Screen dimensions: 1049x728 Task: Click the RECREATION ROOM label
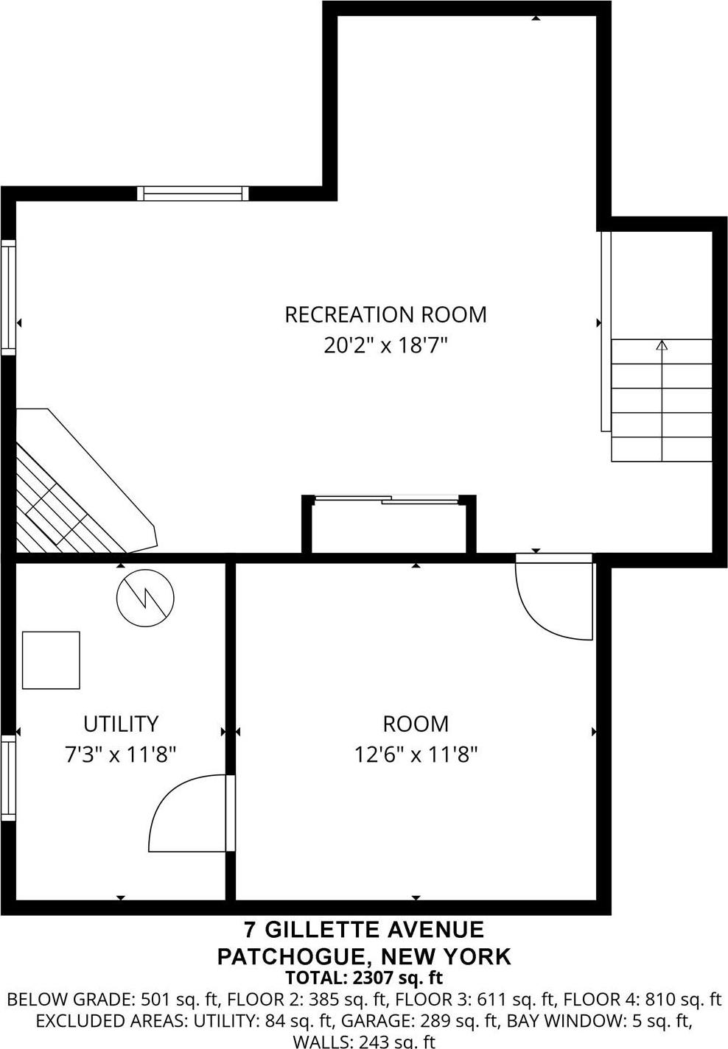pos(385,314)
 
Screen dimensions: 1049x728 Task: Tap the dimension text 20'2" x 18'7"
pos(385,345)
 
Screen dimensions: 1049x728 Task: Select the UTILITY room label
pos(121,724)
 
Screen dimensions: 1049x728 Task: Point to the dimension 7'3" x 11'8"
pos(121,755)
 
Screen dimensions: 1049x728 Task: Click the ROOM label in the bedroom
pos(416,724)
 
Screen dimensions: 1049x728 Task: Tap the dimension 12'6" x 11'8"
pos(416,755)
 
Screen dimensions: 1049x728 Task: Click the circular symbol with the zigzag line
pos(146,598)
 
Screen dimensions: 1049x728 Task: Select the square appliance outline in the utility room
pos(51,660)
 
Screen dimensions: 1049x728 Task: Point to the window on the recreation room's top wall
pos(193,194)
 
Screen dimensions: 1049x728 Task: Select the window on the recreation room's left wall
pos(8,297)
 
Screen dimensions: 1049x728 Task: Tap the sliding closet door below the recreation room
pos(386,501)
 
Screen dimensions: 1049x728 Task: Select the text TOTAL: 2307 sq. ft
pos(364,978)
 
